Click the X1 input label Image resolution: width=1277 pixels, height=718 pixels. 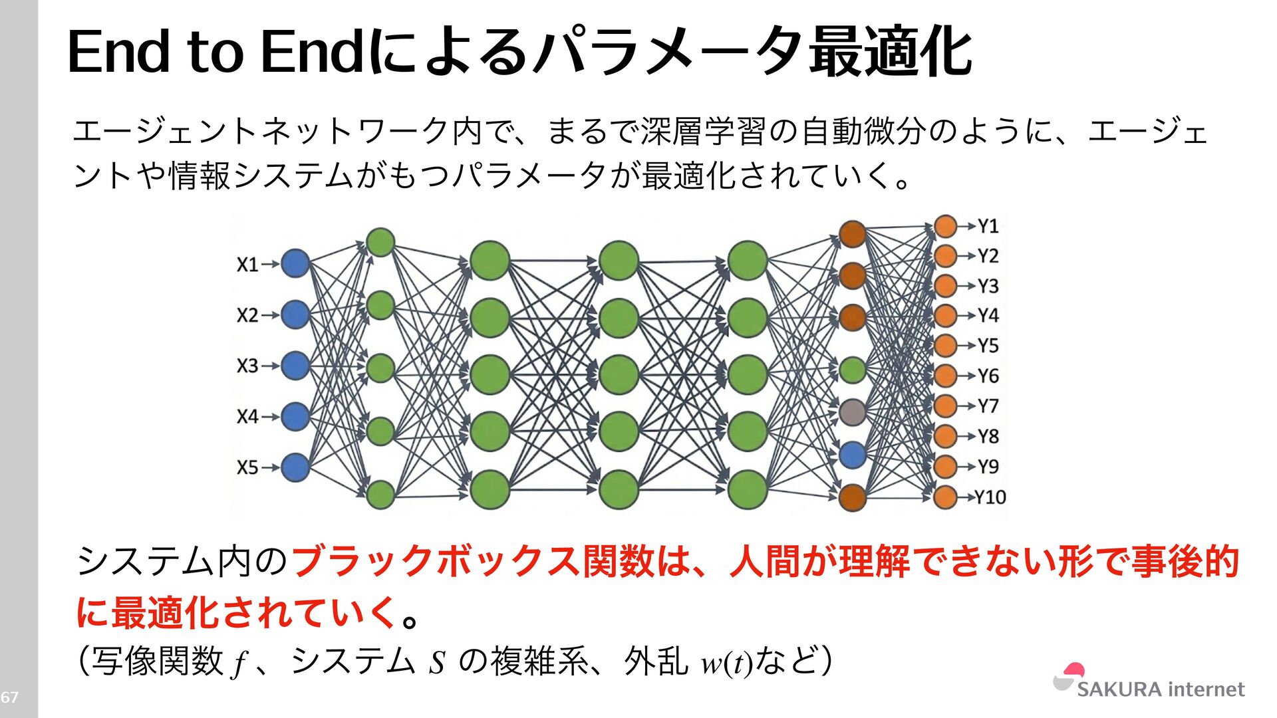point(247,265)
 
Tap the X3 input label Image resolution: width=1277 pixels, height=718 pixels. point(247,366)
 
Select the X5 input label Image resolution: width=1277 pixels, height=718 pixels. point(247,467)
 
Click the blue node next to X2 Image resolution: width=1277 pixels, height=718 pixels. point(295,314)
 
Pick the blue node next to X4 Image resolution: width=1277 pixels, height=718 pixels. point(295,417)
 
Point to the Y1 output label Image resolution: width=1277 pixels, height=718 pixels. point(988,226)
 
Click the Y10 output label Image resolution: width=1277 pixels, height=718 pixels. point(990,497)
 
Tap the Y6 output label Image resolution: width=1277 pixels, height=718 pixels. point(988,376)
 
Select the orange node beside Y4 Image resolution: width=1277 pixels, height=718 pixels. point(945,316)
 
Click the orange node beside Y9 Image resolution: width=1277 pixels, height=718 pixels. point(945,467)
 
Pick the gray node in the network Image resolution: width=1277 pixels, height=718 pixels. point(852,413)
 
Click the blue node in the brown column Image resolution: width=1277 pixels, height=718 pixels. point(852,455)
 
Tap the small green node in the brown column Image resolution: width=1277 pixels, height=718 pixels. point(852,370)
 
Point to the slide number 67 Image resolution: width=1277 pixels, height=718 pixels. point(9,697)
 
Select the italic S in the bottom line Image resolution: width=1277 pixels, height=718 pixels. point(436,663)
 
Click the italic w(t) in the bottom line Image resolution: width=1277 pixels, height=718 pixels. point(726,663)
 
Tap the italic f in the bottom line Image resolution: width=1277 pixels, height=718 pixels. point(239,664)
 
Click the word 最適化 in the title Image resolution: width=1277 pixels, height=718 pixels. point(891,52)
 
